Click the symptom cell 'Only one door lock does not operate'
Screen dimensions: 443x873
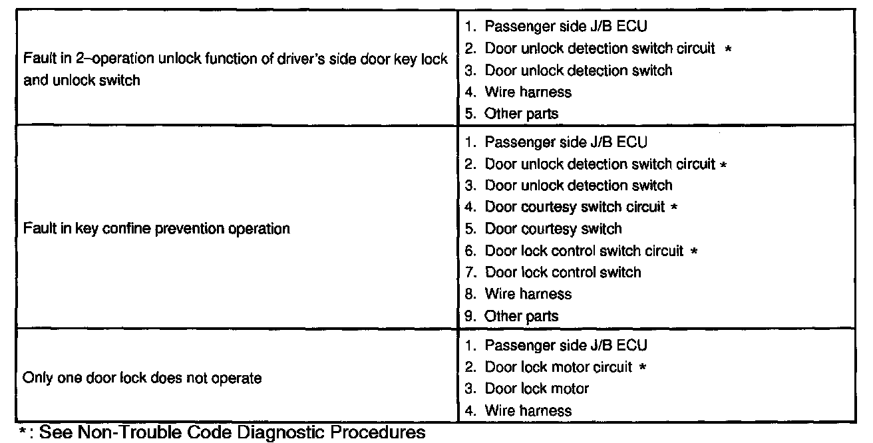142,378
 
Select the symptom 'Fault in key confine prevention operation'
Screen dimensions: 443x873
156,229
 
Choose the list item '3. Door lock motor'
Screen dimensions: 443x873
527,388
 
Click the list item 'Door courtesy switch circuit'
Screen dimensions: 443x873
574,207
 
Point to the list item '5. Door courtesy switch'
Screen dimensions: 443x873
544,229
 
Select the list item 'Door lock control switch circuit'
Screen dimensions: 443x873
584,251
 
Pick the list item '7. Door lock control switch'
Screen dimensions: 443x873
553,272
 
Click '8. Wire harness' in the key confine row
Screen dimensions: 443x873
518,294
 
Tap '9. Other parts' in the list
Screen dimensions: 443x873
512,316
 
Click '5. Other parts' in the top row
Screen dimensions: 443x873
512,114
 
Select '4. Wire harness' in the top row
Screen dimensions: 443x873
518,92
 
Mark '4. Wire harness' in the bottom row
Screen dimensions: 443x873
518,410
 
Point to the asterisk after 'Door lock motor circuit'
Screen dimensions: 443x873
643,367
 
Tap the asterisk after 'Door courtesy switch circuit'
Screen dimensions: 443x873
675,208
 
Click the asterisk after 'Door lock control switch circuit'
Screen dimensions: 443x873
693,251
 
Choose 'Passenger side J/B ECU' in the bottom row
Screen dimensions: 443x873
556,345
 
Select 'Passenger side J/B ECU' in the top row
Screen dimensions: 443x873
556,27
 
